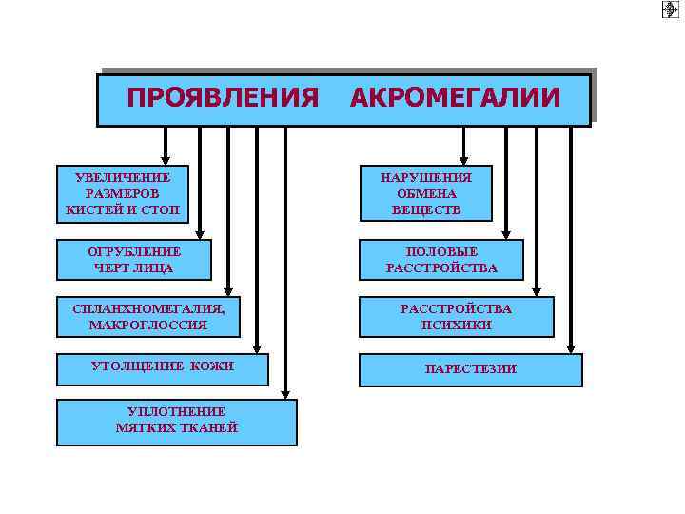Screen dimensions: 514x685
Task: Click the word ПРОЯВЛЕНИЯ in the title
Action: coord(223,98)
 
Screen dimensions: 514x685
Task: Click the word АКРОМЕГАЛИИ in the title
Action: coord(455,98)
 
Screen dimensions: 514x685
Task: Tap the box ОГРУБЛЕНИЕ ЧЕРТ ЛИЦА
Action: coord(134,259)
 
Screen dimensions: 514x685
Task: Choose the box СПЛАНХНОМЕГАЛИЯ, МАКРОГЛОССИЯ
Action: coord(147,317)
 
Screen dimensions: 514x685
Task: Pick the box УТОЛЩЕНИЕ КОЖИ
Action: coord(162,367)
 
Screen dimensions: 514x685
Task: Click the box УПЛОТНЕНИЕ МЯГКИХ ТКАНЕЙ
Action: coord(177,421)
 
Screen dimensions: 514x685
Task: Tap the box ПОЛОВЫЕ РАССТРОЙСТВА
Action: coord(440,259)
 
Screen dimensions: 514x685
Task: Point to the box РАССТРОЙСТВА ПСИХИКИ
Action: coord(456,317)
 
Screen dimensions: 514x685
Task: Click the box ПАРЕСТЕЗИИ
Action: coord(470,368)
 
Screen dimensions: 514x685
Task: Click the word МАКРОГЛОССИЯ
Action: coord(147,326)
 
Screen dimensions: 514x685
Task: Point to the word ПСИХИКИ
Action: coord(456,326)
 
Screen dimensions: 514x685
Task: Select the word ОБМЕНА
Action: coord(425,193)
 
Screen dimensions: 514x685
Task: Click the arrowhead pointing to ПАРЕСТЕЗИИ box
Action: coord(571,347)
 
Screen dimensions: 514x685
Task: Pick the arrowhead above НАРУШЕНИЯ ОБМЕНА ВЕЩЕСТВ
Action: coord(463,160)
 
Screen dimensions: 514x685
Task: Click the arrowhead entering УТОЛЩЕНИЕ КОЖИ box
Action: coord(257,347)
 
